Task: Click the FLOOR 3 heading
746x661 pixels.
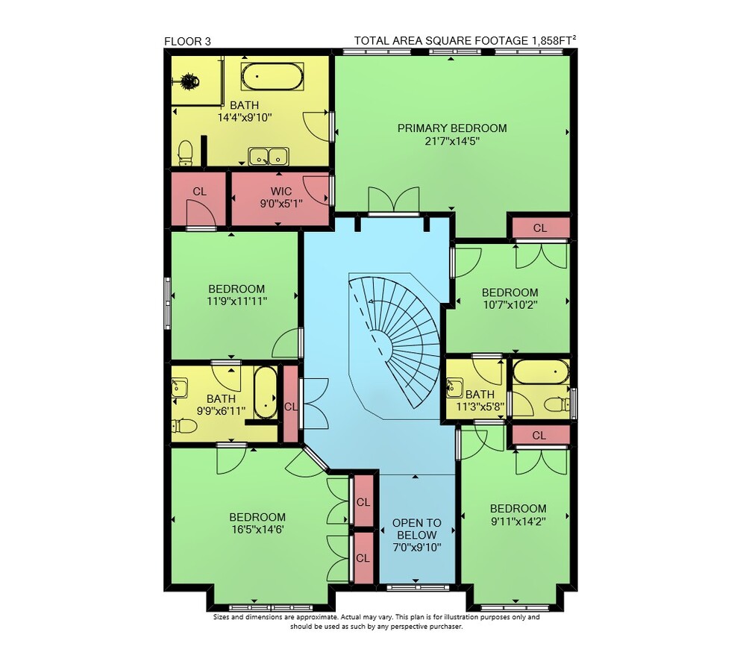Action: (187, 41)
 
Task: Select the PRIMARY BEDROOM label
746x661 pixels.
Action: (452, 128)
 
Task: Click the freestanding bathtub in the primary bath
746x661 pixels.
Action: (272, 77)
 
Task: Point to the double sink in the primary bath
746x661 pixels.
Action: (269, 156)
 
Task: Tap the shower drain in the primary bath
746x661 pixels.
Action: (189, 81)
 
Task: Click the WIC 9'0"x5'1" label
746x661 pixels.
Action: (281, 198)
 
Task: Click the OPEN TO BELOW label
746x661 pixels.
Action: (417, 529)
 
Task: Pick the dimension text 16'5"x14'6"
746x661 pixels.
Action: (257, 530)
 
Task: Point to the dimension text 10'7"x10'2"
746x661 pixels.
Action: (510, 304)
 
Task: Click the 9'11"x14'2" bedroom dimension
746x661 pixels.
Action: (518, 521)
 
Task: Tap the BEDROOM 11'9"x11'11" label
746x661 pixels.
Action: (236, 295)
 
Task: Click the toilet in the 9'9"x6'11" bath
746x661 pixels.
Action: (184, 426)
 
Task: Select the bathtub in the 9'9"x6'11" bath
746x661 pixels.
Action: (266, 392)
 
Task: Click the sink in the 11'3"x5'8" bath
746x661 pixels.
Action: (454, 387)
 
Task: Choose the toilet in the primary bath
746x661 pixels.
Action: (185, 153)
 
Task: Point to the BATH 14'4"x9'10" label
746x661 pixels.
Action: (245, 111)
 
